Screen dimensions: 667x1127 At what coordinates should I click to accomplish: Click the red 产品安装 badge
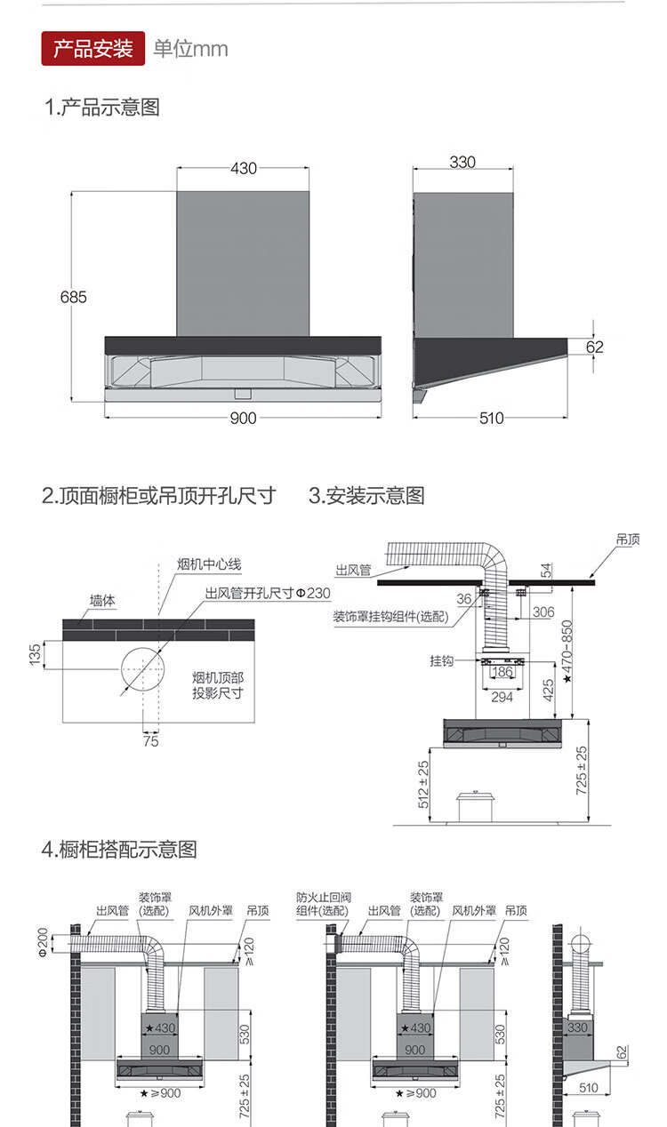[93, 48]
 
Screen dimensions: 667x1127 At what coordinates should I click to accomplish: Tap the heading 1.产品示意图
[102, 108]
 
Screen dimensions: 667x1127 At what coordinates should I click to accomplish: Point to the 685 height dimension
[74, 297]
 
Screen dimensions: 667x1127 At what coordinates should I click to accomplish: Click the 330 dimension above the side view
[462, 163]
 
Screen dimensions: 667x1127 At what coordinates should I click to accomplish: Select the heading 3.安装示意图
[366, 496]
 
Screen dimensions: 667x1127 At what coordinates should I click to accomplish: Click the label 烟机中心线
[209, 564]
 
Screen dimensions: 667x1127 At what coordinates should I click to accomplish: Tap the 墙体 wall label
[102, 601]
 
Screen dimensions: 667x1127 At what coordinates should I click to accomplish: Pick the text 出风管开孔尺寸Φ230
[267, 593]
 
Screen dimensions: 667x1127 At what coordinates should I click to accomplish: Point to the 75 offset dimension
[150, 740]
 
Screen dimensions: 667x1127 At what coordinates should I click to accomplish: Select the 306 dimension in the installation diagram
[544, 612]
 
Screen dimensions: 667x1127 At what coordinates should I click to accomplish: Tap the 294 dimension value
[502, 698]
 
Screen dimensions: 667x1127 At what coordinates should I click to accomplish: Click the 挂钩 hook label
[442, 661]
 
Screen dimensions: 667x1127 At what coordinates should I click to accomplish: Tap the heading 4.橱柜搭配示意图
[119, 849]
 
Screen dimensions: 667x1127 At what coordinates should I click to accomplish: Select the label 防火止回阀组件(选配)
[320, 905]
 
